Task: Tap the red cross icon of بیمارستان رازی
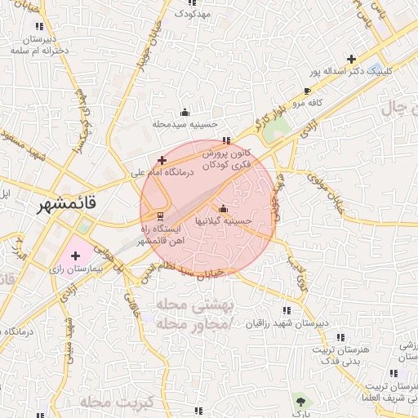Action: pyautogui.click(x=76, y=256)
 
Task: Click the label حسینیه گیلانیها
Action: pyautogui.click(x=221, y=220)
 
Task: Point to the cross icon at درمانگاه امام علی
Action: pyautogui.click(x=162, y=160)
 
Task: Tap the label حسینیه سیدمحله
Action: pyautogui.click(x=185, y=124)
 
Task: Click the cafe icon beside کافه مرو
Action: pyautogui.click(x=307, y=91)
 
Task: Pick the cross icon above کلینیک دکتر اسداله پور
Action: pyautogui.click(x=351, y=59)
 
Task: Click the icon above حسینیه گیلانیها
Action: pyautogui.click(x=223, y=207)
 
